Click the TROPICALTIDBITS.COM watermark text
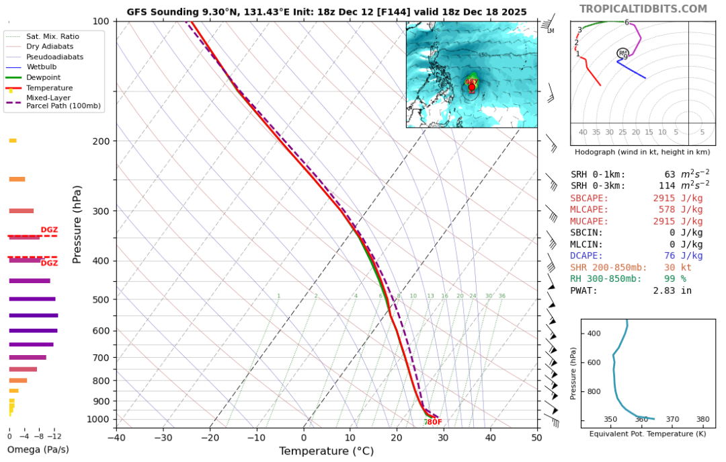coord(643,9)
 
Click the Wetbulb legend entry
coord(40,67)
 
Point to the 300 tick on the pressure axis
coord(101,211)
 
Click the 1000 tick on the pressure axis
coord(98,419)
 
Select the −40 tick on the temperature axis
coord(116,438)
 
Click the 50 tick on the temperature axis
coord(536,438)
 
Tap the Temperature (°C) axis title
coord(326,451)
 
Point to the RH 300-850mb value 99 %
coord(680,279)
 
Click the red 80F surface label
coord(434,422)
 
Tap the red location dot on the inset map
coord(472,87)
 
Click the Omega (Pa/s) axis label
coord(38,449)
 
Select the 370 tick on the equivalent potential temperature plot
coord(672,419)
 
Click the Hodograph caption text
coord(642,152)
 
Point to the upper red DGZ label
coord(49,230)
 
